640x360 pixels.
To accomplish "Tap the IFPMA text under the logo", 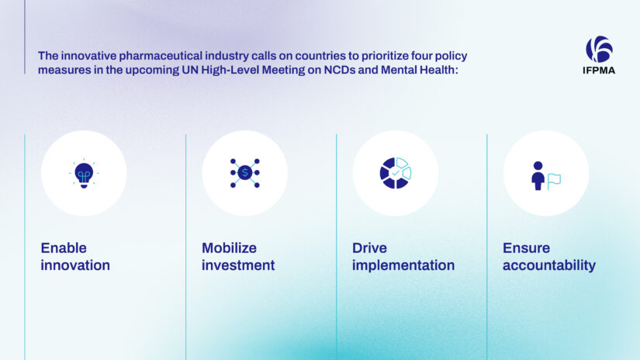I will (599, 71).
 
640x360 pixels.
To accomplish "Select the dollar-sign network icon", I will (244, 172).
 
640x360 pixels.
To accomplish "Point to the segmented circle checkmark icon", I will (395, 172).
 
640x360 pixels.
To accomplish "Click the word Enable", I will (64, 248).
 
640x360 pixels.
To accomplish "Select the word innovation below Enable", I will (75, 265).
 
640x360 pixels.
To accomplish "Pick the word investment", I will (238, 265).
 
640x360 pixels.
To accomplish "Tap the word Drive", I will (369, 248).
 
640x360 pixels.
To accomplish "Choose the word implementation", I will (403, 265).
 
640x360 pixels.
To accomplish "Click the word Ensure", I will (526, 248).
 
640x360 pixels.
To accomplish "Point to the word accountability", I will (549, 265).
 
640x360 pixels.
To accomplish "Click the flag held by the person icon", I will (554, 181).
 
